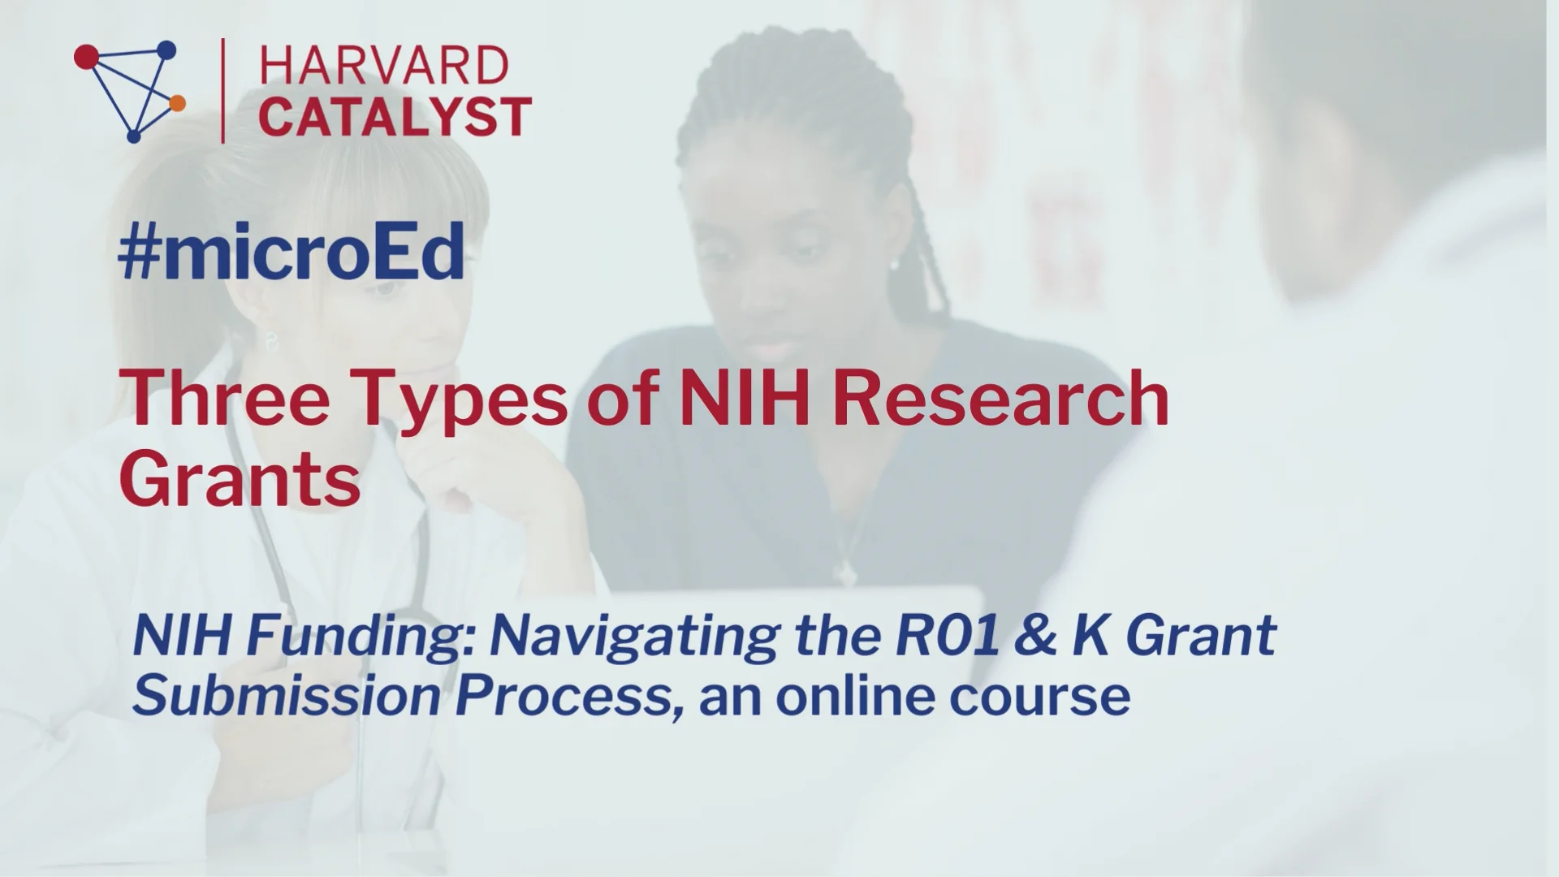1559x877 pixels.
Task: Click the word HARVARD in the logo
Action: pos(384,65)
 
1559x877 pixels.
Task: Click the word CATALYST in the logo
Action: pos(396,115)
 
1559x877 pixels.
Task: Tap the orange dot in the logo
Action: pos(177,102)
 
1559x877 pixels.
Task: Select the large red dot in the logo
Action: pos(86,56)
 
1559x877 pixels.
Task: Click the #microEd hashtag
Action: pos(292,253)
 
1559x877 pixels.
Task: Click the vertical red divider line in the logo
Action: pos(223,91)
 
